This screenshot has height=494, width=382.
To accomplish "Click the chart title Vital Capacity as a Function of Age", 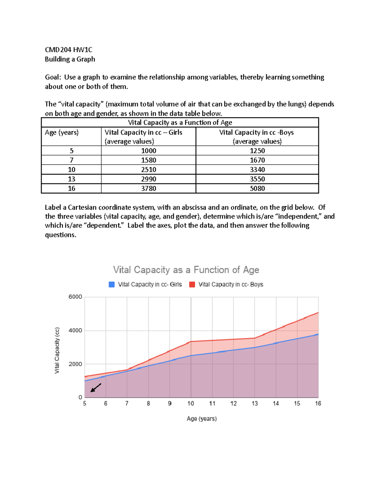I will pos(186,270).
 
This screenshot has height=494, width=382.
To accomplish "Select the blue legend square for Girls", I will pos(112,284).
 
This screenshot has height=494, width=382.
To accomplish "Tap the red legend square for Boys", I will pos(192,284).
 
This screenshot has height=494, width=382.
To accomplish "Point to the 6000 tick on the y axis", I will pos(75,297).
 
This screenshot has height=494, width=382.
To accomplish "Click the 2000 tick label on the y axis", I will pos(75,364).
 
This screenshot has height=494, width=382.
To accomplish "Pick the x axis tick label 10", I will pos(191,403).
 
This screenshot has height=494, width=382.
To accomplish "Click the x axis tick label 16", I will pos(318,403).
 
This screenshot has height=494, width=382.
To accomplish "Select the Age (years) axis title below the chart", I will pos(202,419).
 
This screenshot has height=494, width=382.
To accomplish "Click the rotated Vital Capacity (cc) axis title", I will pos(57,350).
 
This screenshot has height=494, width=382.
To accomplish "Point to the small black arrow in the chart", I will pos(95,388).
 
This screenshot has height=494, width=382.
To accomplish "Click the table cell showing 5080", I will pos(257,188).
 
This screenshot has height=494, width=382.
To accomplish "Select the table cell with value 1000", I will pos(148,151).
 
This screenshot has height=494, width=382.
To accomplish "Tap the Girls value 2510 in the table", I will pos(148,170).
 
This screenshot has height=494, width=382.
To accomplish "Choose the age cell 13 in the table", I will pos(71,179).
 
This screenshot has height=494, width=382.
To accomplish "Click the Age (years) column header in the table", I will pos(62,133).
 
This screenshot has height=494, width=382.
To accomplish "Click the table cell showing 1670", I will pos(257,160).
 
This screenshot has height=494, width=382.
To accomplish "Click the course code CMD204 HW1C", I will pos(68,50).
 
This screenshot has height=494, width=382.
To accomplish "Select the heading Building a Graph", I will pos(70,59).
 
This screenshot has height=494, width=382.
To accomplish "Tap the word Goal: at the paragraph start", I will pos(53,77).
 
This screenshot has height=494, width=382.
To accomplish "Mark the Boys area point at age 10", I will pos(191,342).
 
